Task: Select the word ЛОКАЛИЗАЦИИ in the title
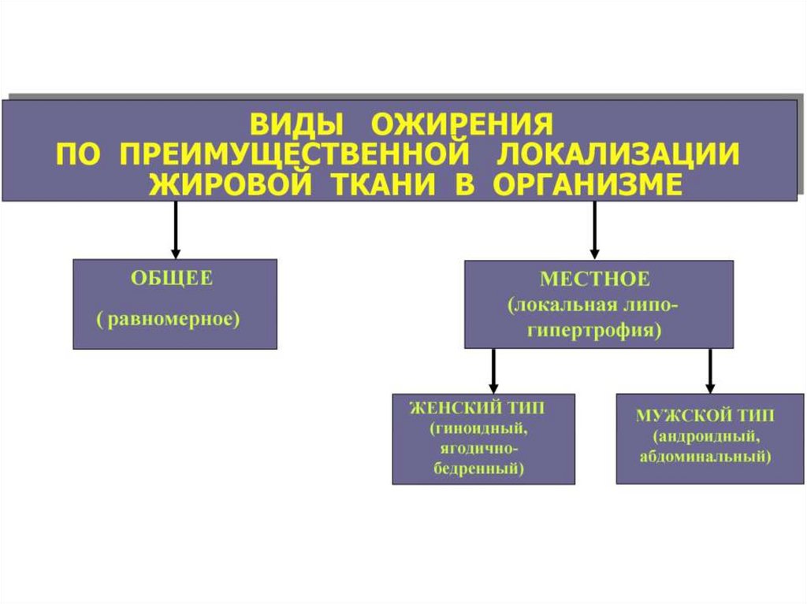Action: click(x=617, y=155)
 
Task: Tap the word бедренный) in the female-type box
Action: click(x=479, y=469)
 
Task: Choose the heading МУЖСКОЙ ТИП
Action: click(x=705, y=415)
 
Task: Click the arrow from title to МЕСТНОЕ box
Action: click(x=594, y=230)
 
